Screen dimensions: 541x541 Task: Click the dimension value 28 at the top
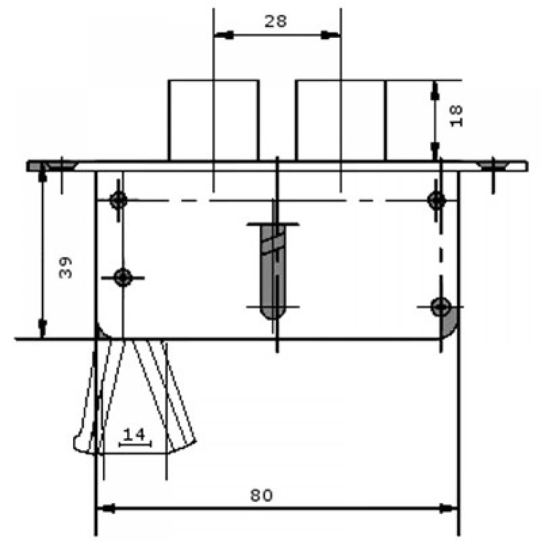[275, 21]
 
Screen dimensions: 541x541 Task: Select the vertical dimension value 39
[65, 267]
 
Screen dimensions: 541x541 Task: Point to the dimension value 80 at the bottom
[261, 494]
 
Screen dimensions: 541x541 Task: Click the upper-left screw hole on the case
[118, 200]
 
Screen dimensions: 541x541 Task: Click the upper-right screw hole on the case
[436, 200]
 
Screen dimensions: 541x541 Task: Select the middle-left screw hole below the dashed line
[124, 278]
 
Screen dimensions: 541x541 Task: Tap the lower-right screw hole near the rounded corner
[441, 307]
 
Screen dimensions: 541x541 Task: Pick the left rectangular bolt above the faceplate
[213, 120]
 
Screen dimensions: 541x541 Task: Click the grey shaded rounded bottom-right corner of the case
[451, 325]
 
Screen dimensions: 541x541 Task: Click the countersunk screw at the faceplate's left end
[60, 166]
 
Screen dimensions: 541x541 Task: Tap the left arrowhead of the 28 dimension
[225, 35]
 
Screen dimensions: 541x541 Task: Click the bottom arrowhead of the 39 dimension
[42, 328]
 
